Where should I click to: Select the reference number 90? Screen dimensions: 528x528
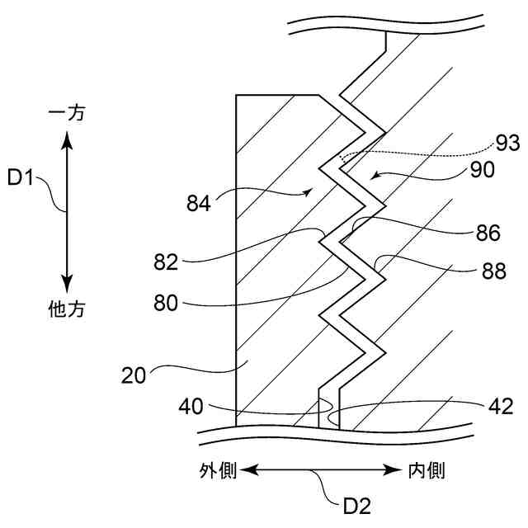(x=483, y=170)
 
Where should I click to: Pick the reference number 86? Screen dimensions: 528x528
(x=488, y=233)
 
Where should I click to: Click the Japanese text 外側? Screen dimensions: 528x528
(x=218, y=471)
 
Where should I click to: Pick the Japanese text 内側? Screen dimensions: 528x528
(x=427, y=471)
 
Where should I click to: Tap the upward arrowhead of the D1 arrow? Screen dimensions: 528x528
(x=68, y=139)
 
